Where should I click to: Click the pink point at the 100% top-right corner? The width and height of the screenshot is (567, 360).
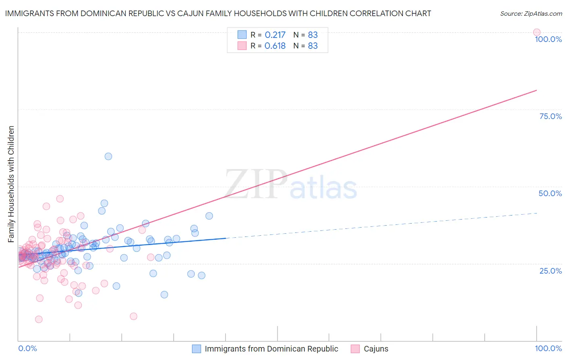(x=536, y=32)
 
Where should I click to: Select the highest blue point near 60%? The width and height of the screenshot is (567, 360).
(x=108, y=156)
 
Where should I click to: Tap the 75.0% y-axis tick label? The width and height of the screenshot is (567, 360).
(x=550, y=116)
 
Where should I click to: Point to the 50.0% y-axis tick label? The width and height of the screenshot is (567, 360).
(x=550, y=193)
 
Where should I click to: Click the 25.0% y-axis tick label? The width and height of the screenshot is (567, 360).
(x=550, y=270)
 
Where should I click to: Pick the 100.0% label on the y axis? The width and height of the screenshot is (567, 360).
(x=548, y=39)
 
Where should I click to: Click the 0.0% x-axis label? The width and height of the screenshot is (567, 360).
(x=27, y=348)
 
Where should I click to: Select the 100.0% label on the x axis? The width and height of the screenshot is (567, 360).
(x=548, y=348)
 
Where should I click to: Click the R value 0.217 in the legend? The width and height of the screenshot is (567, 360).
(x=275, y=35)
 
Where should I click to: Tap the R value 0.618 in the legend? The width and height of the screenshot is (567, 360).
(x=275, y=46)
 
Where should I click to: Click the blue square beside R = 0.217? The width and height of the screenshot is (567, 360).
(x=242, y=35)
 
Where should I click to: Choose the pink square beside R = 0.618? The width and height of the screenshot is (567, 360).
(x=242, y=46)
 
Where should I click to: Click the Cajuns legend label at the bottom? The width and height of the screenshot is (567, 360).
(x=376, y=349)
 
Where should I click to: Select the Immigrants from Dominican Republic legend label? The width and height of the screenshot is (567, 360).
(x=271, y=349)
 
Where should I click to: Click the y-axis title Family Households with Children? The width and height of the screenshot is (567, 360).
(x=11, y=184)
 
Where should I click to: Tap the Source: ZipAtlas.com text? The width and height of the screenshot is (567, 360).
(x=531, y=14)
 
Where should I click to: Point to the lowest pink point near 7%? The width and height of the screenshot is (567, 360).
(x=39, y=319)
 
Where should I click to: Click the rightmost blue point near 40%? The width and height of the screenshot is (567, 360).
(x=209, y=216)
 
